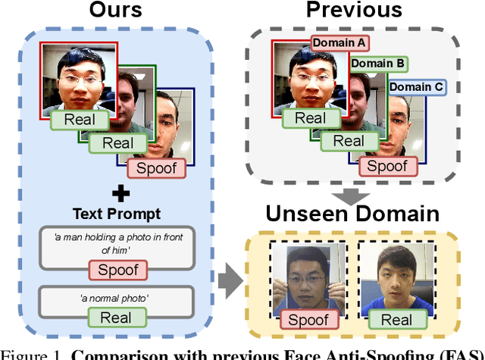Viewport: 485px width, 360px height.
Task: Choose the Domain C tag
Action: (x=415, y=87)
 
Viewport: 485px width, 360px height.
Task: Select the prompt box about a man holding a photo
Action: (x=117, y=245)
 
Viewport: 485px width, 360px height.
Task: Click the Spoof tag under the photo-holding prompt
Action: (x=118, y=269)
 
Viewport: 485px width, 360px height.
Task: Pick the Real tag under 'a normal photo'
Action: (x=117, y=318)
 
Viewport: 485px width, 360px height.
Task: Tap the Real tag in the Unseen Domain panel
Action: (x=396, y=319)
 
